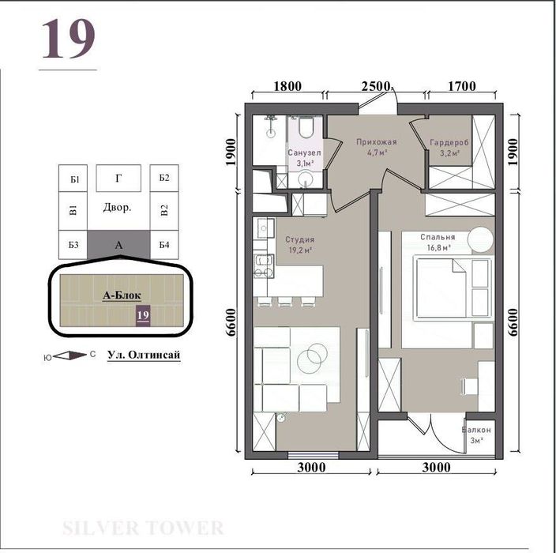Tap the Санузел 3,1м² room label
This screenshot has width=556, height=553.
[x=302, y=157]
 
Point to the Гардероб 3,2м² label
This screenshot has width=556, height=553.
[x=449, y=148]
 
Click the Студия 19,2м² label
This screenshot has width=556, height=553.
[x=300, y=244]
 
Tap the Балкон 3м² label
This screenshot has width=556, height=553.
[x=477, y=434]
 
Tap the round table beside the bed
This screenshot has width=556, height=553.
[x=479, y=238]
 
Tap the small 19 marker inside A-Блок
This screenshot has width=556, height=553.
[x=143, y=315]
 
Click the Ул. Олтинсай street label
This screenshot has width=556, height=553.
[x=144, y=355]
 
